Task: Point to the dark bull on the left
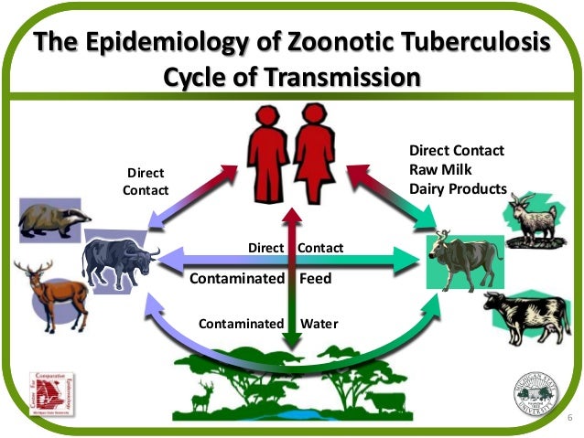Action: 119,262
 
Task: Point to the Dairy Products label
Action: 458,189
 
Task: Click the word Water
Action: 319,324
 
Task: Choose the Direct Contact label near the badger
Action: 146,181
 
